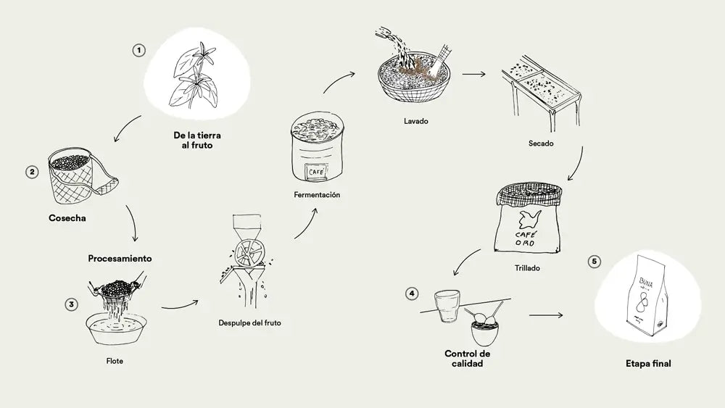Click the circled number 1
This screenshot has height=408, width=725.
[138, 51]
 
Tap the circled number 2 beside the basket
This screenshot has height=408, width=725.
[31, 172]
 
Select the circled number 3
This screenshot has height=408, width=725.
[71, 304]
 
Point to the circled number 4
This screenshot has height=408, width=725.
[412, 293]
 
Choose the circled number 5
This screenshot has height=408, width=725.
[594, 261]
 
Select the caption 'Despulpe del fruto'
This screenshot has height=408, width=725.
[249, 322]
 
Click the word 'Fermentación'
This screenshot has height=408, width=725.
[317, 195]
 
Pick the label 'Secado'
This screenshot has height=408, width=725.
[542, 143]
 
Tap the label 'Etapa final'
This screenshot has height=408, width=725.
[647, 364]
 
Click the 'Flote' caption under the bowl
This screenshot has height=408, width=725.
[115, 360]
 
